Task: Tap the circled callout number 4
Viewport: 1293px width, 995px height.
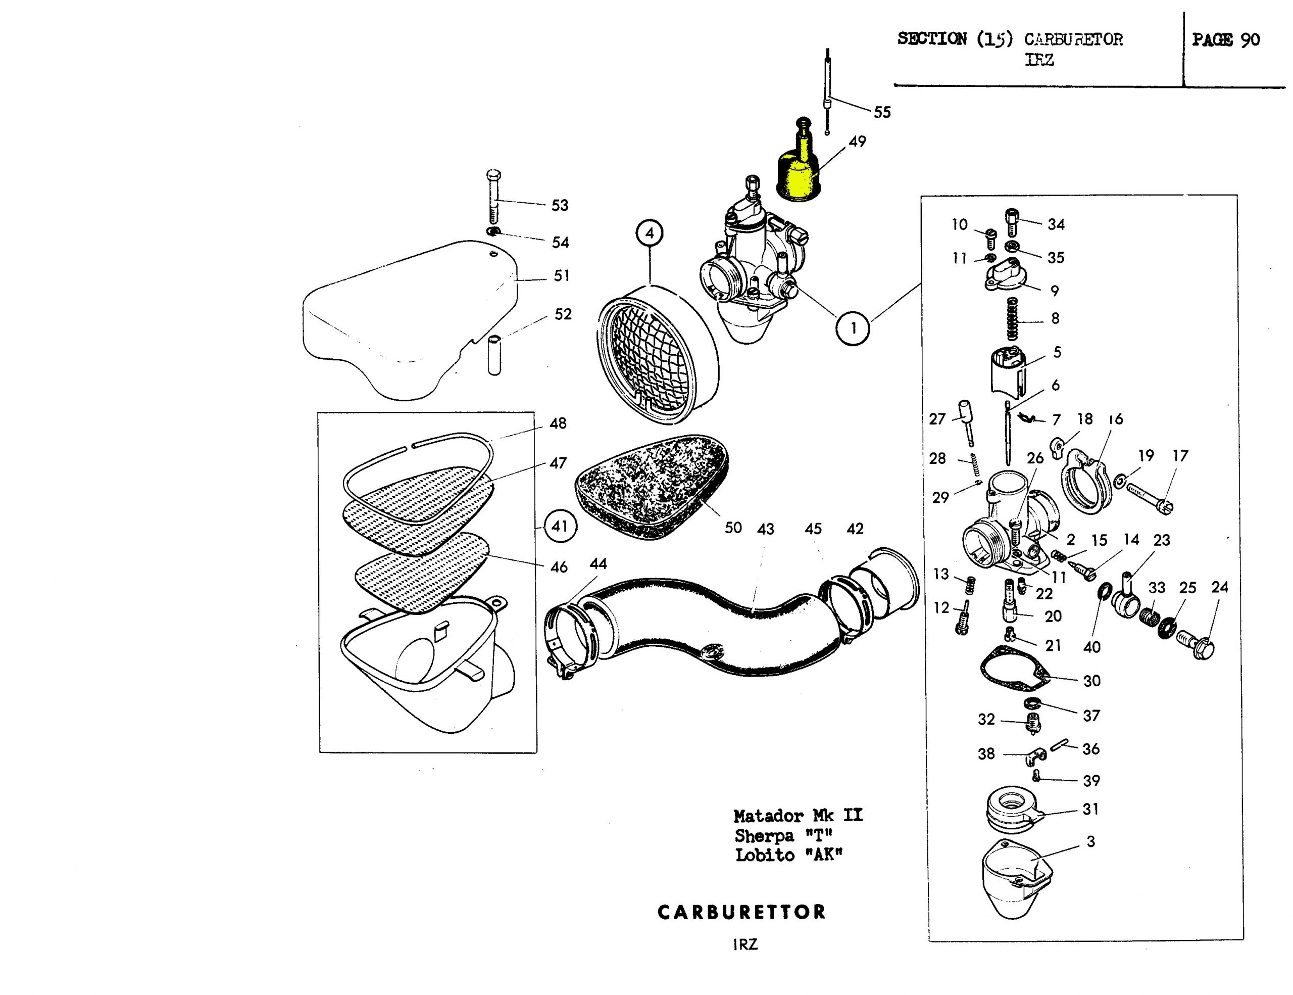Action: (650, 233)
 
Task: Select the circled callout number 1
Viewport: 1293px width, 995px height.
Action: (853, 327)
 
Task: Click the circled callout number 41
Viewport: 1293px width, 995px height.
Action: (560, 526)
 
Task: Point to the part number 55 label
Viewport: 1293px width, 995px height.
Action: (882, 113)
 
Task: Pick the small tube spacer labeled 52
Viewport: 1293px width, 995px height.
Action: (494, 355)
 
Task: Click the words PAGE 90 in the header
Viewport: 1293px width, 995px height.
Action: (1225, 40)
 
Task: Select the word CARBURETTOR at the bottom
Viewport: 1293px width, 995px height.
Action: (741, 912)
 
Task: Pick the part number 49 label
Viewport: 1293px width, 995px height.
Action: (857, 141)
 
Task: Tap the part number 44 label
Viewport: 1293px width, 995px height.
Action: (598, 564)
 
